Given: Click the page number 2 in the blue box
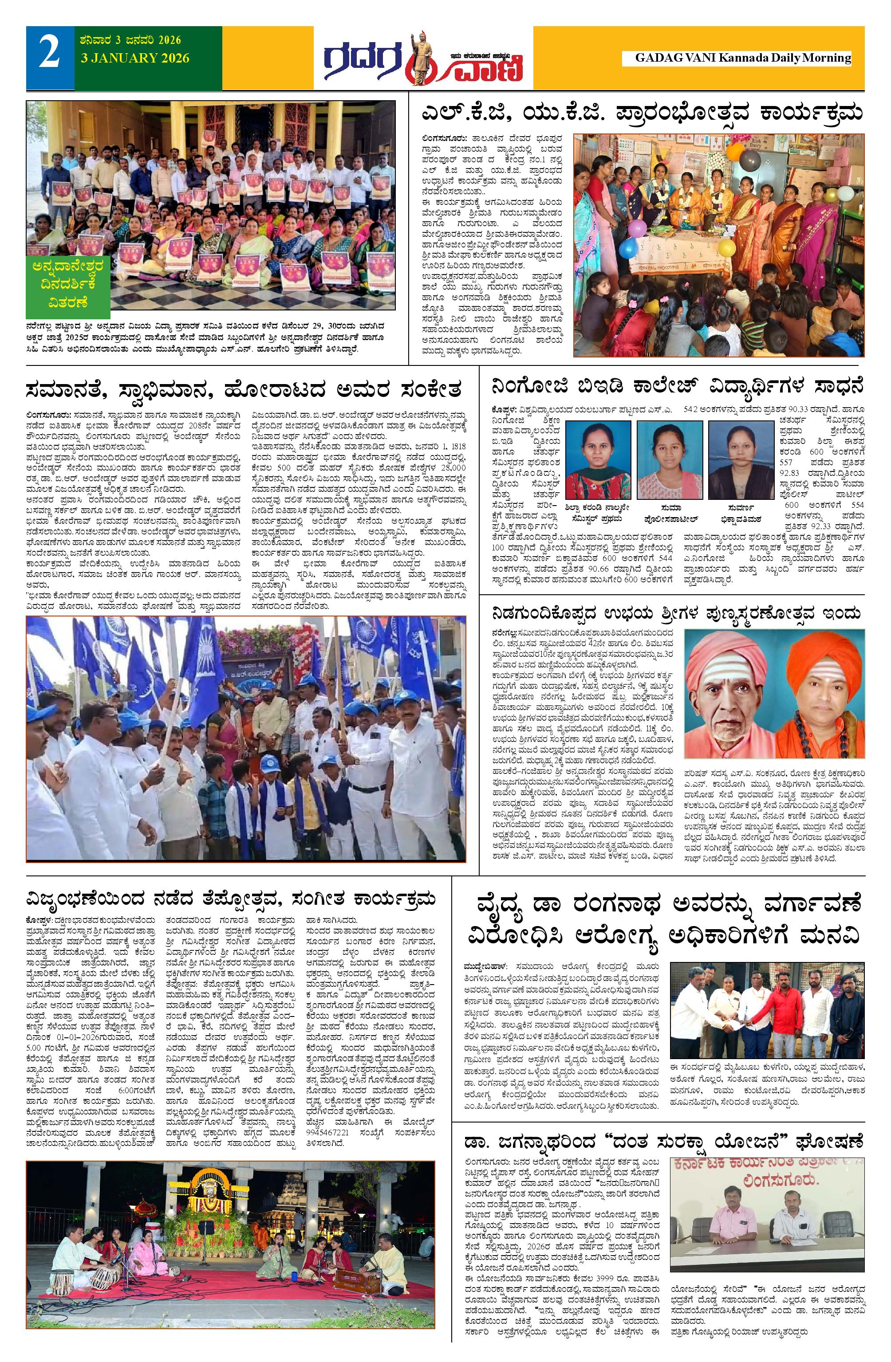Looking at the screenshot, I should tap(50, 57).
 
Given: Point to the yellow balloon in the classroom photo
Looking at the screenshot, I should tap(725, 248).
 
